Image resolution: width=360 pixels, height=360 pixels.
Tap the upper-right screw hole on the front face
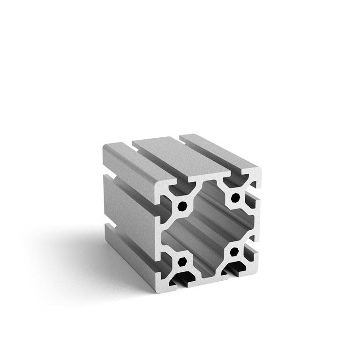(236, 197)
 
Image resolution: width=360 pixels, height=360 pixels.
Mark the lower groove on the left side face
(127, 232)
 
